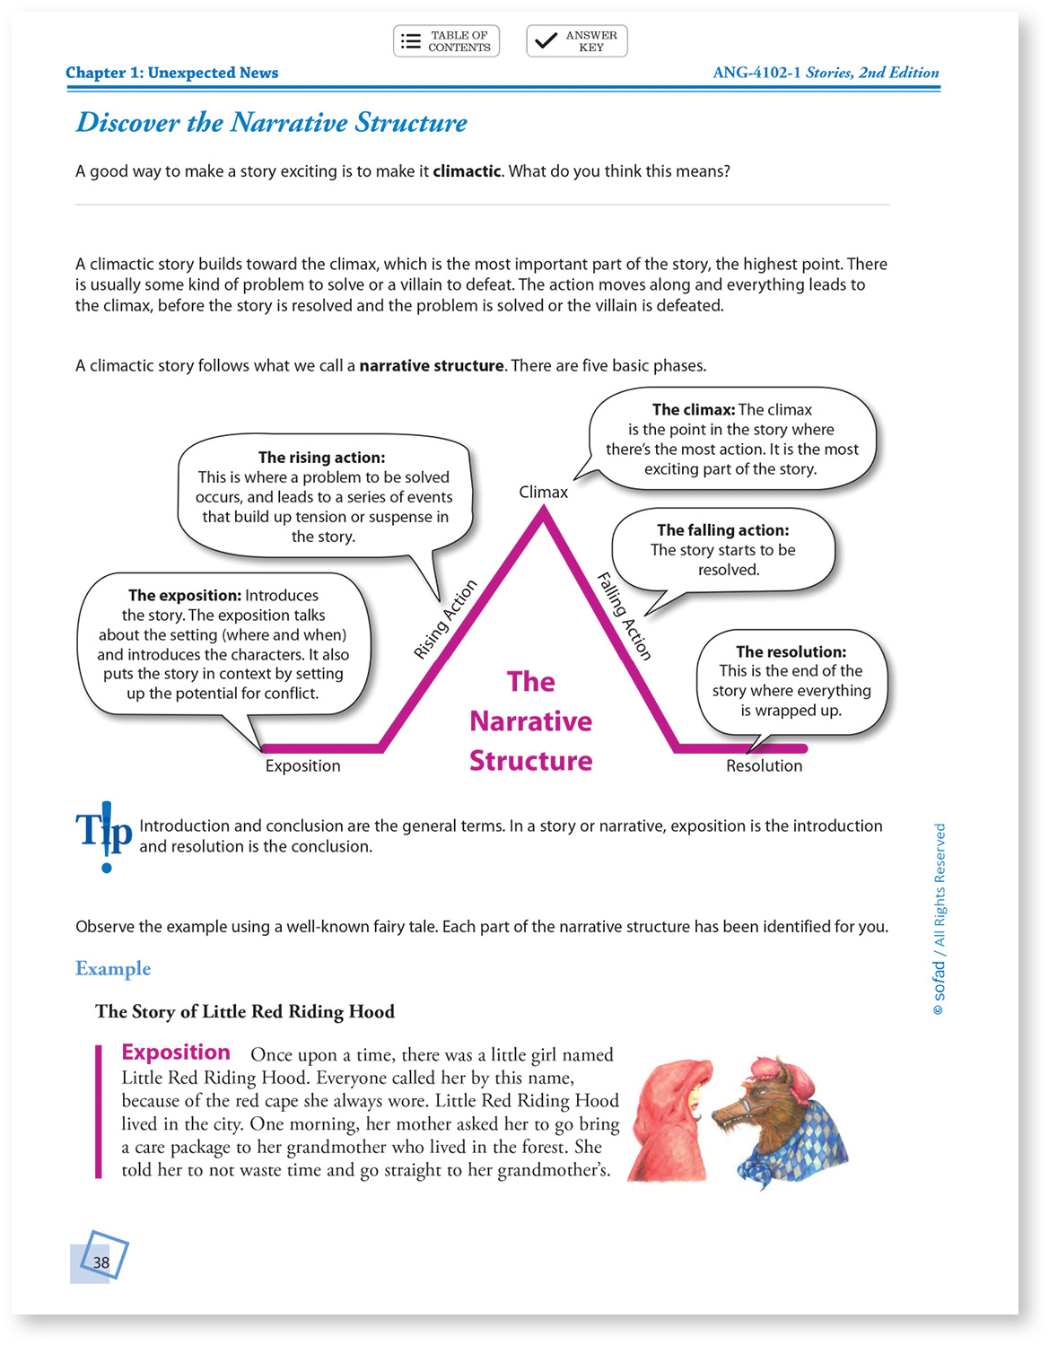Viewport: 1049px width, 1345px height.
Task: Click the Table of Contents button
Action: coord(446,41)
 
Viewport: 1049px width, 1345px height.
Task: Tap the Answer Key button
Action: coord(576,41)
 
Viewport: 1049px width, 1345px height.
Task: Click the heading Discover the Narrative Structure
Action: coord(271,122)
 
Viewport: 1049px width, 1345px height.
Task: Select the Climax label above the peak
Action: coord(543,492)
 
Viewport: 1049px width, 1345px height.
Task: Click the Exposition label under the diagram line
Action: coord(302,765)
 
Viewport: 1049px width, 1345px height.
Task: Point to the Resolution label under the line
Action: coord(764,765)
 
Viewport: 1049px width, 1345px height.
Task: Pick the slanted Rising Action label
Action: coord(444,620)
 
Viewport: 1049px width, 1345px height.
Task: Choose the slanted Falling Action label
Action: coord(625,616)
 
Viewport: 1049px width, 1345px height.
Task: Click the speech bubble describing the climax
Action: coord(732,439)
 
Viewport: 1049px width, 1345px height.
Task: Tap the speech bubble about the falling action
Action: coord(722,550)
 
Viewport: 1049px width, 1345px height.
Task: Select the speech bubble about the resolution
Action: coord(791,681)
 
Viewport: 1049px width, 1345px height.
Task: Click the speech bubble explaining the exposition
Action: coord(223,644)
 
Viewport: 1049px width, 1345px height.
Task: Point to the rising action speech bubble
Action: coord(323,496)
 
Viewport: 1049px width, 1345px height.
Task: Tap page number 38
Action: coord(101,1262)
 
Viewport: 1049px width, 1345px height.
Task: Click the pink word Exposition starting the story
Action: coord(176,1052)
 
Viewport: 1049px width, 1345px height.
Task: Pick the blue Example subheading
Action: coord(113,969)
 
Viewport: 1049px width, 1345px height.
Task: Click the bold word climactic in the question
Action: coord(467,171)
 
